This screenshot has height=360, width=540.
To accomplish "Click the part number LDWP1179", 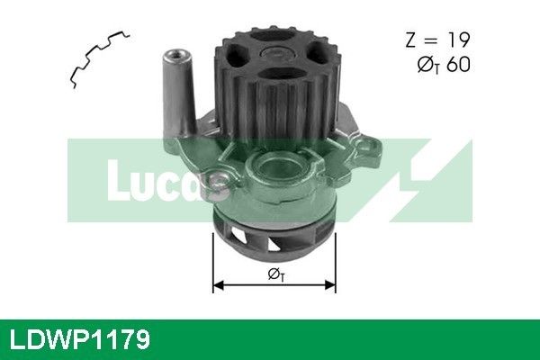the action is point(80,339).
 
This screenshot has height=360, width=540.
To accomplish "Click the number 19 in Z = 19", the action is point(458,40).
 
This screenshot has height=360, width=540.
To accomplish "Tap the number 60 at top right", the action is point(458,65).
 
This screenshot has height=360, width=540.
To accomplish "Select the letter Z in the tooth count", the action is point(411,40).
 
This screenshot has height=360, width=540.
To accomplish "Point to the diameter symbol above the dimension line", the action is point(276,274).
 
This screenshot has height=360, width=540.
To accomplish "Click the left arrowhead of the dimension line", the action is point(219,285).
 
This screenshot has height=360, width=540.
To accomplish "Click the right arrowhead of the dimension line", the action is point(330,285).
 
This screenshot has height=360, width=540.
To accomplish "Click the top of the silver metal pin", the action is point(176,57).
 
